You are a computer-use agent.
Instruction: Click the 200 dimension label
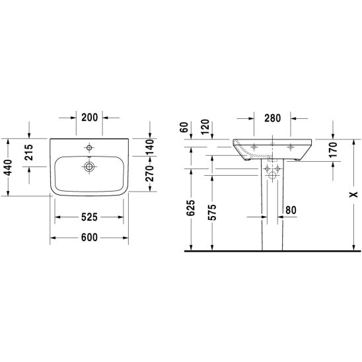click(x=90, y=118)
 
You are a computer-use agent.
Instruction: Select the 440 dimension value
click(x=9, y=167)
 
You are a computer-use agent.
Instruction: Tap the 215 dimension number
click(x=29, y=153)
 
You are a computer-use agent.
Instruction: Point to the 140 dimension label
click(x=149, y=147)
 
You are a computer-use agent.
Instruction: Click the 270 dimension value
click(x=149, y=173)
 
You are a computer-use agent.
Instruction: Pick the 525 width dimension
click(x=89, y=217)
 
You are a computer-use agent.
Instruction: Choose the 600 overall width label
click(x=89, y=238)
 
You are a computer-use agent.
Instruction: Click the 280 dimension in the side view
click(x=273, y=118)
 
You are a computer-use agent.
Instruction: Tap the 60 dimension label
click(x=184, y=127)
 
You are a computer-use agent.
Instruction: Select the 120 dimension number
click(x=205, y=127)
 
